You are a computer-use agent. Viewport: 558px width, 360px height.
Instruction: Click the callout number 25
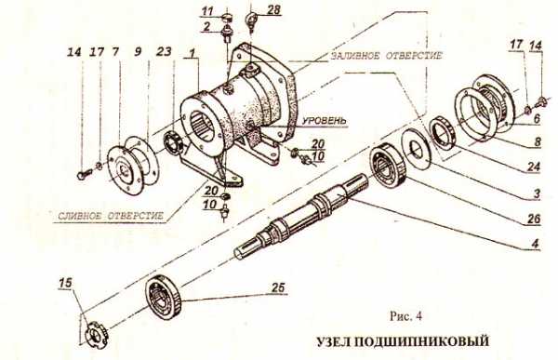point(278,287)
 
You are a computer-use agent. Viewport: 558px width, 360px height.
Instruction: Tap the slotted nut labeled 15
point(96,335)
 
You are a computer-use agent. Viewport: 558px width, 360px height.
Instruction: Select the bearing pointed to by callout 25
point(164,297)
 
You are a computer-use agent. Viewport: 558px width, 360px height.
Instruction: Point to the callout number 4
point(535,245)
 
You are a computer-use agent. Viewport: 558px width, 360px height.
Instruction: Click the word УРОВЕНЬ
point(324,121)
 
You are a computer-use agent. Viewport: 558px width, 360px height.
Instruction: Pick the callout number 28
point(273,9)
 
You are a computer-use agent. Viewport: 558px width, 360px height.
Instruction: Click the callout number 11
point(207,11)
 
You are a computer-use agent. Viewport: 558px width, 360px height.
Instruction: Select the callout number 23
point(164,52)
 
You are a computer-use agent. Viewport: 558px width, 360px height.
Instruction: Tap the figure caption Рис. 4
point(405,316)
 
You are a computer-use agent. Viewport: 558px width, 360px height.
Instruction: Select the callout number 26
point(534,219)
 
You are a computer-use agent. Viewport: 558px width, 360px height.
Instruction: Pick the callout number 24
point(534,167)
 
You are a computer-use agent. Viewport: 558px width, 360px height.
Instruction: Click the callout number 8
point(537,141)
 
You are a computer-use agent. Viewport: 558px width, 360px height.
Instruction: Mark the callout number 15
point(65,284)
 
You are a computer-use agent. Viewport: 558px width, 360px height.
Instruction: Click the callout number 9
point(138,52)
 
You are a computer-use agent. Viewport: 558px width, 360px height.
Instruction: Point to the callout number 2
point(207,26)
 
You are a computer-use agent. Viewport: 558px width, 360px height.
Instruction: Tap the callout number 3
point(537,193)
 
